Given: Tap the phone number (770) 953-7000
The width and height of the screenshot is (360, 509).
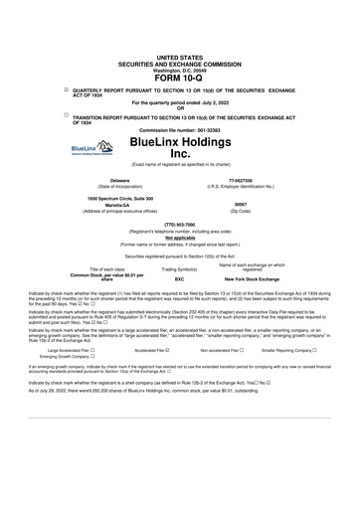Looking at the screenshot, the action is [x=179, y=224].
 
